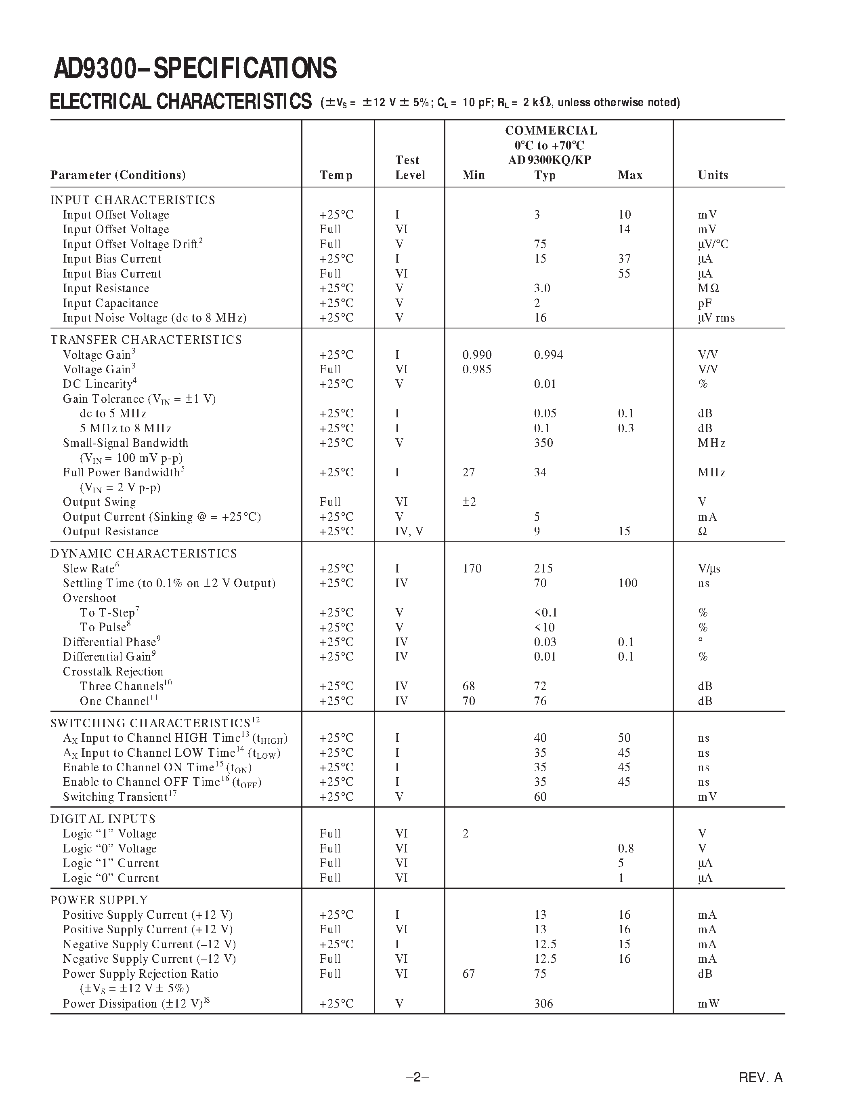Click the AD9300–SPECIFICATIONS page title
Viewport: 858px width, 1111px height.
pos(195,68)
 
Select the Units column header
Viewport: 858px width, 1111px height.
pos(713,175)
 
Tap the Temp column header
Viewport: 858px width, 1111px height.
pos(336,175)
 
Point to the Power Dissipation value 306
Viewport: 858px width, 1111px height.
pos(543,1004)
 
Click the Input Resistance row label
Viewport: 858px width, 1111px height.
pos(106,288)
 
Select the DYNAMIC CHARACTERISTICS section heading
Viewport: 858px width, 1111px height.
pos(143,553)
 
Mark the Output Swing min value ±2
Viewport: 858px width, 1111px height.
pos(469,502)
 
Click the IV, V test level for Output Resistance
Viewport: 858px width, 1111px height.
pos(409,532)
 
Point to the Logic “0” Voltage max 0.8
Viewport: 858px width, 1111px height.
pos(626,848)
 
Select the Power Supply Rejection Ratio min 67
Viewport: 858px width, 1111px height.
pos(469,974)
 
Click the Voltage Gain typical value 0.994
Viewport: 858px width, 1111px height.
pos(548,355)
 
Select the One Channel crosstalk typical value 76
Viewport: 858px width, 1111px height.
pos(540,701)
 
